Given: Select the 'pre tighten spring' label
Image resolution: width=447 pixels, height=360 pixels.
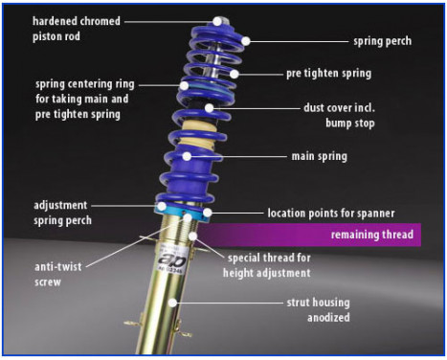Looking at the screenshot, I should [x=342, y=73].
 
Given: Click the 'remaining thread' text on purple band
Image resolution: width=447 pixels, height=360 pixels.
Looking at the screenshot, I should [x=371, y=234].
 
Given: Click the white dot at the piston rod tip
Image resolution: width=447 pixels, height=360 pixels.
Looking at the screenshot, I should [x=218, y=19].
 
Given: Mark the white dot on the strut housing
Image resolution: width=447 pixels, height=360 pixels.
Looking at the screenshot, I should [x=173, y=304].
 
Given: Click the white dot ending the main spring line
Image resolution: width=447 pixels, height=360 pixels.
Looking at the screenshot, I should [x=188, y=156].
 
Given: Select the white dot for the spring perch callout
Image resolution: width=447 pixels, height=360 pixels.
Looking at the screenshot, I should [x=245, y=41].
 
